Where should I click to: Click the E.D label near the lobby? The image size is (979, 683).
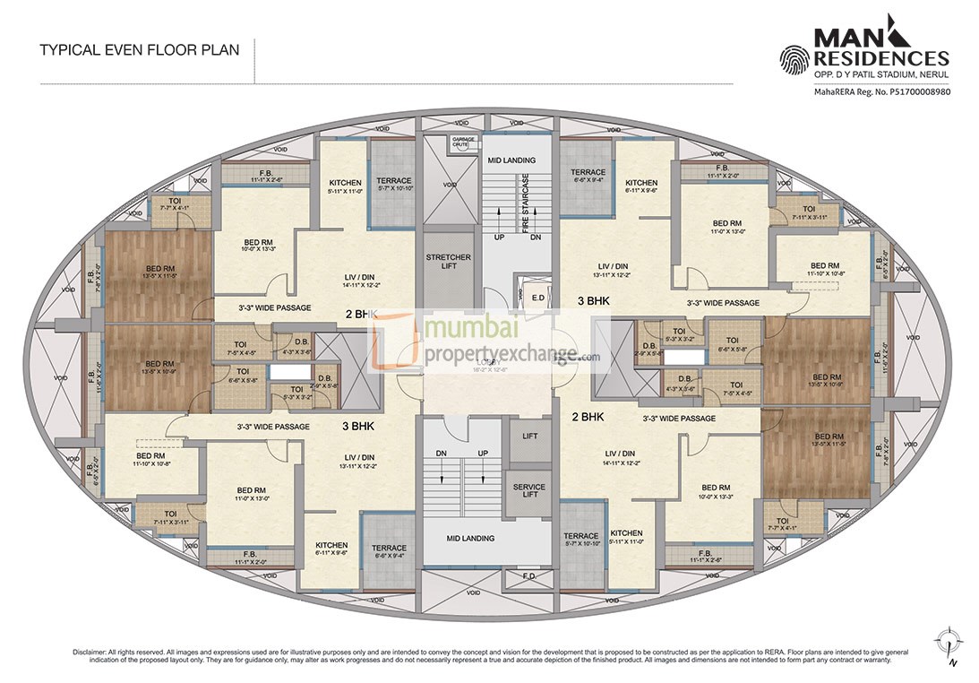537,298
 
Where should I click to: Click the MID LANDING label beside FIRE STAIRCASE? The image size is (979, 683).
511,160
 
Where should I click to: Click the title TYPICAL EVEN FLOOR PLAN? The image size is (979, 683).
139,50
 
